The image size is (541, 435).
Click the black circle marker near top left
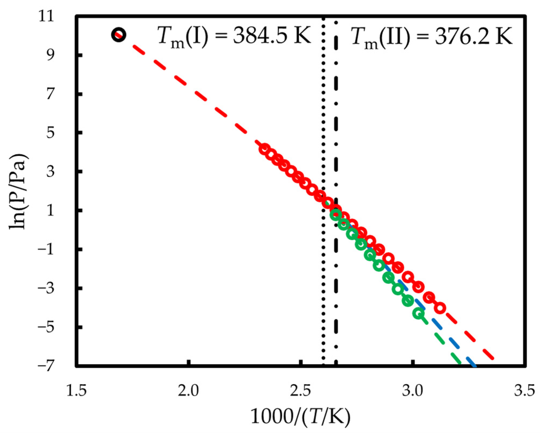[119, 35]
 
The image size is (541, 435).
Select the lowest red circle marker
[440, 308]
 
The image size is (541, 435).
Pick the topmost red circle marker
[265, 149]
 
